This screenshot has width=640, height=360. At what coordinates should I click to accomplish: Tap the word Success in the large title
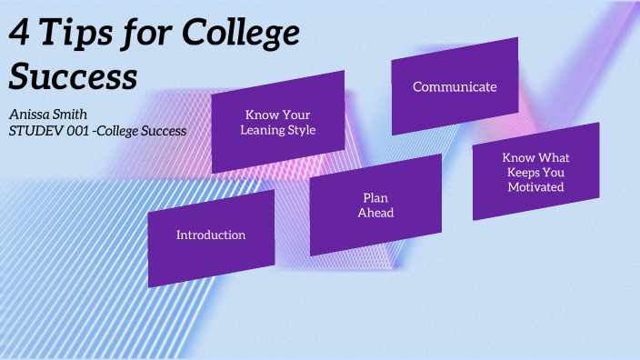(73, 76)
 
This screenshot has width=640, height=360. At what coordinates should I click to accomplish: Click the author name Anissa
(28, 115)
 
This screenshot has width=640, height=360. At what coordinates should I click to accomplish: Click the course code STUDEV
(35, 131)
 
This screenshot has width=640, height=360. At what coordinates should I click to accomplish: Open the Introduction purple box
(211, 235)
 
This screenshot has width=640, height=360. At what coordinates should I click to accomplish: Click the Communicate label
(455, 87)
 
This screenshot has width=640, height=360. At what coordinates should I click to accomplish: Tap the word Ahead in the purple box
(375, 213)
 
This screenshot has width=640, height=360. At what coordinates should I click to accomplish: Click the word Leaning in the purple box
(262, 130)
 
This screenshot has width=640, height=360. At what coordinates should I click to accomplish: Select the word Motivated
(535, 187)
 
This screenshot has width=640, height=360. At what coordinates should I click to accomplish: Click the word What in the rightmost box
(554, 157)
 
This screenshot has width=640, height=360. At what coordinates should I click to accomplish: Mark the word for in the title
(144, 35)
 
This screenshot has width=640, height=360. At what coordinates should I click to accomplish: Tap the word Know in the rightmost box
(517, 157)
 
